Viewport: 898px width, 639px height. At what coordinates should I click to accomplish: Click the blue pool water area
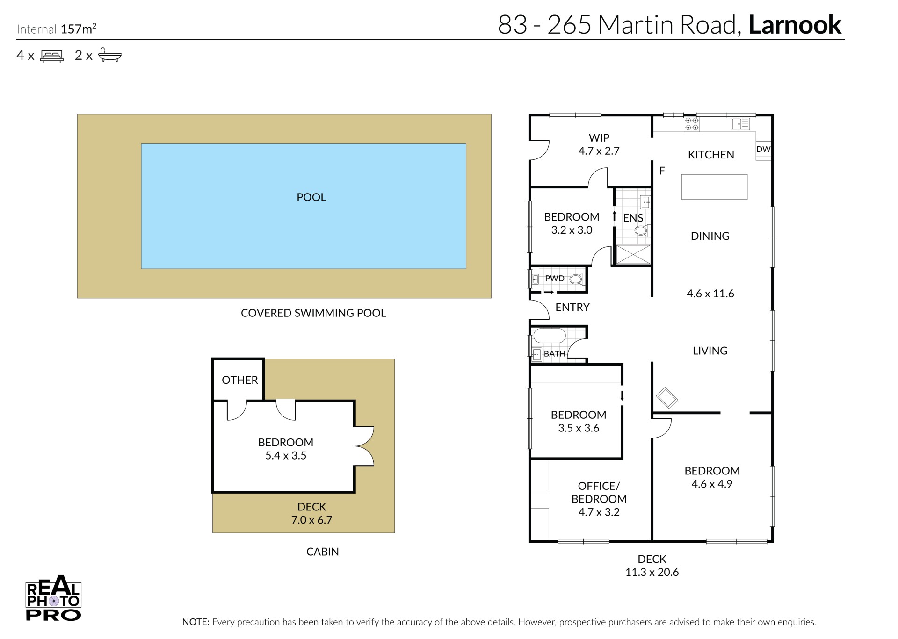coord(304,206)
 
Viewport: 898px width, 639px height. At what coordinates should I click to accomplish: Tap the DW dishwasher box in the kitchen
coord(763,150)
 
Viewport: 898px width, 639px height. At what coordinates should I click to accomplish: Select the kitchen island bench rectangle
coord(714,187)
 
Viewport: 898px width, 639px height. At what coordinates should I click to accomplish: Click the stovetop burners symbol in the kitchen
coord(692,124)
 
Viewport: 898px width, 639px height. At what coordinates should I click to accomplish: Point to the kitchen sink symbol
coord(740,124)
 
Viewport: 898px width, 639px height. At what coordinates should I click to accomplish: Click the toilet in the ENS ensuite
coord(642,230)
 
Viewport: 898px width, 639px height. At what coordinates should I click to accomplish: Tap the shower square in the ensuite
coord(633,254)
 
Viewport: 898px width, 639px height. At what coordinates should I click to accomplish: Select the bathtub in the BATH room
coord(550,336)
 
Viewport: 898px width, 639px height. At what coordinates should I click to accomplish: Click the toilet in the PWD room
coord(577,280)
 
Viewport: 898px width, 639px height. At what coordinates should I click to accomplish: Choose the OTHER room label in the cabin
coord(240,380)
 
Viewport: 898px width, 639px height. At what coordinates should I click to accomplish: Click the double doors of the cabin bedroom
coord(364,446)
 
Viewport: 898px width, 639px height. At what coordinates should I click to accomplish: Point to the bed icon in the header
coord(51,56)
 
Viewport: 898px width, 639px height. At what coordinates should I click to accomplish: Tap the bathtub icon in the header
coord(110,55)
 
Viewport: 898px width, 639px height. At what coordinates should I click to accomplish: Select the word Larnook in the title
coord(795,25)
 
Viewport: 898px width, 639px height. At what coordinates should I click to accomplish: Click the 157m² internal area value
coord(79,29)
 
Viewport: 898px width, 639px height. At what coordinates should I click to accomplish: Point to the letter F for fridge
coord(662,171)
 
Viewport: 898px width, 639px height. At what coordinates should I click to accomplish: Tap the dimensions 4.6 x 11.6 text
coord(710,294)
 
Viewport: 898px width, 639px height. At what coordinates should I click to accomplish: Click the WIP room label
coord(599,138)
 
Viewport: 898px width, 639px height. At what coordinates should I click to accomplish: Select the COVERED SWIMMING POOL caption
coord(313,313)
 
